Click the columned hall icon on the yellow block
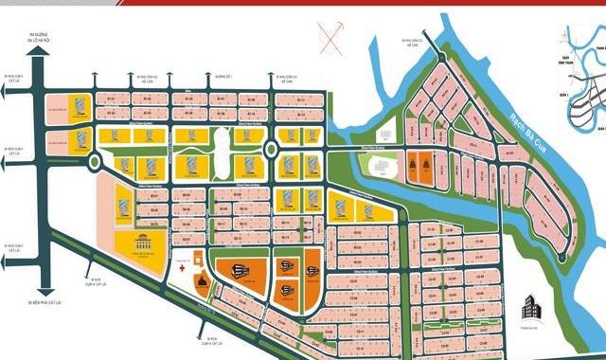[144, 242]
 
